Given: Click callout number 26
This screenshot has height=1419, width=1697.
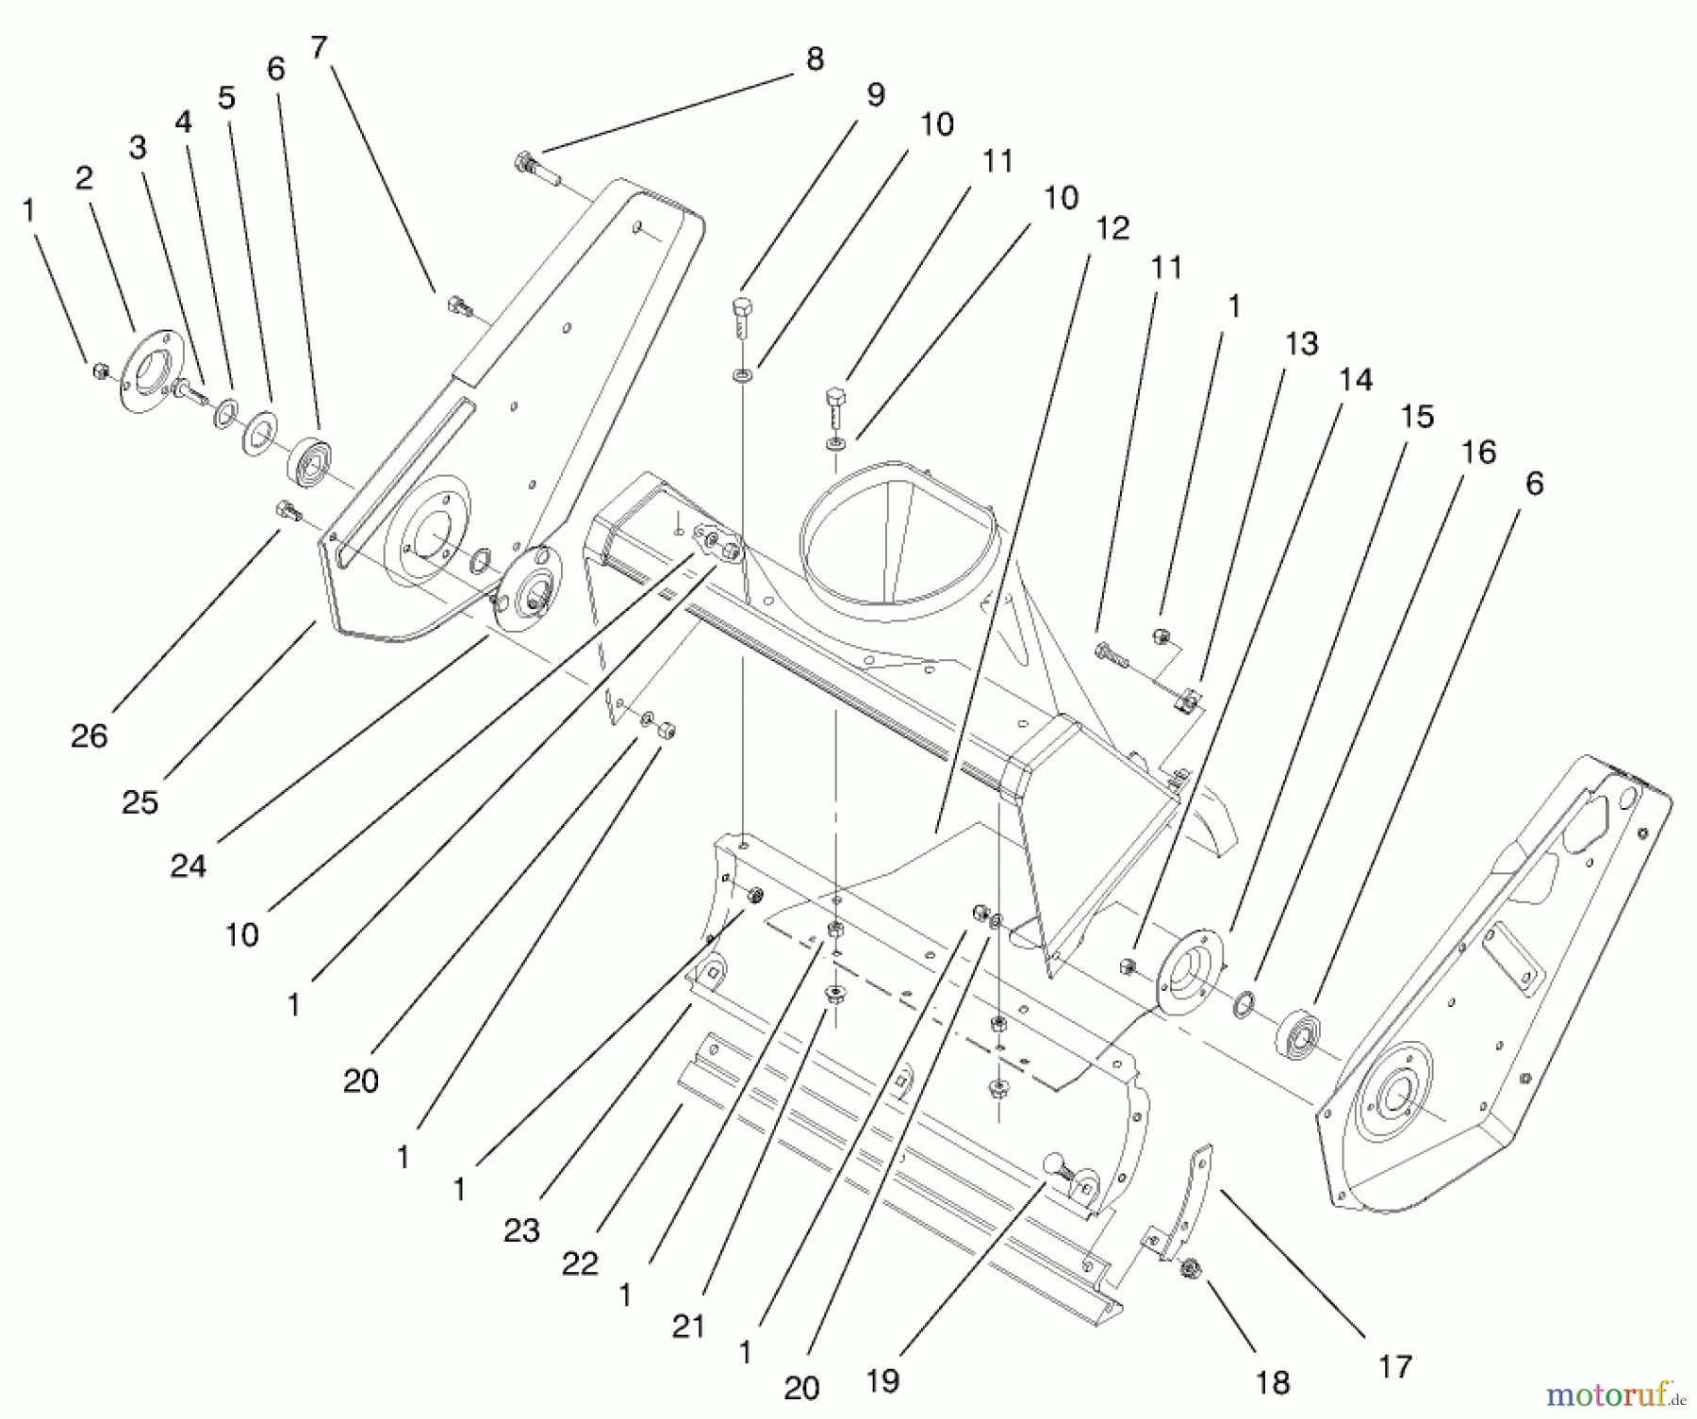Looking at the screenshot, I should pos(89,736).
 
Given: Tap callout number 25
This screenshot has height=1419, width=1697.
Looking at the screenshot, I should pos(140,801).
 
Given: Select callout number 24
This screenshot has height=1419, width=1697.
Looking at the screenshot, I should pos(188,865).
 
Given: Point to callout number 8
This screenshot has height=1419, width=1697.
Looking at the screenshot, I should pos(815,59).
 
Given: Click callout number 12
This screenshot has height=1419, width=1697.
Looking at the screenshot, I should pos(1112,228).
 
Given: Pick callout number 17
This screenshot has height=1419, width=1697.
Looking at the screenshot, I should pos(1394,1365).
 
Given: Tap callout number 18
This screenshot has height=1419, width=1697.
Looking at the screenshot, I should pos(1272,1382).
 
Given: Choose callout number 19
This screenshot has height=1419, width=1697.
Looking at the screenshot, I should pos(881,1380).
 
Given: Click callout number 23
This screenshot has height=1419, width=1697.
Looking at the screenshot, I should pos(521,1229).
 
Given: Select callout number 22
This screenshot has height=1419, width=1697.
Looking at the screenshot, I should pos(580,1263).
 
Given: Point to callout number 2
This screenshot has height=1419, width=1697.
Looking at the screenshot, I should pos(84,178).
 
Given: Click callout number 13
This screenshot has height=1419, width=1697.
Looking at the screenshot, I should pos(1301,344).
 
